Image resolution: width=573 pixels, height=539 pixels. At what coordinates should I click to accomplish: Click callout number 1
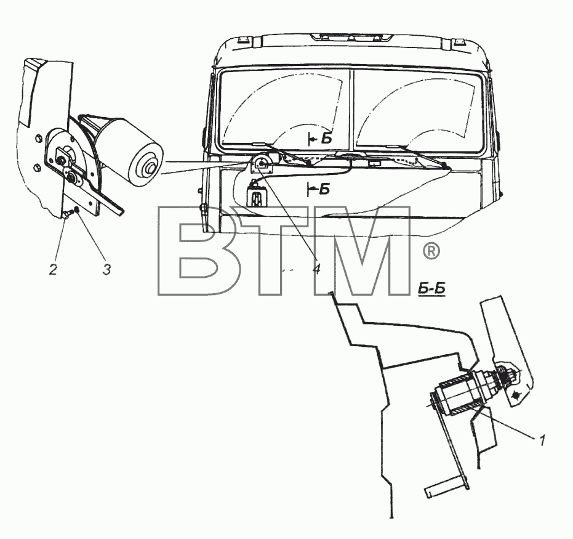(x=542, y=440)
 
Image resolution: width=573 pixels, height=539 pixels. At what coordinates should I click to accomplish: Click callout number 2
(x=53, y=270)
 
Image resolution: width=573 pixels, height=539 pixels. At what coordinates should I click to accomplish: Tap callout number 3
(x=106, y=270)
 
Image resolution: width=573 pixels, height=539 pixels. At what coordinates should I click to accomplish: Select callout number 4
(x=316, y=269)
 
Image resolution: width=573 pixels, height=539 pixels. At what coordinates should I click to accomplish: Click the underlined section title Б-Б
(x=431, y=289)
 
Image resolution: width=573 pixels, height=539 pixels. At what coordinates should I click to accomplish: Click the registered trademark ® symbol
(x=431, y=251)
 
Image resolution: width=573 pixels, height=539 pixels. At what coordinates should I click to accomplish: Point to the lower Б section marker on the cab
(x=319, y=189)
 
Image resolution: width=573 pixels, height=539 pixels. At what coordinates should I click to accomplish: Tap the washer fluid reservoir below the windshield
(x=257, y=195)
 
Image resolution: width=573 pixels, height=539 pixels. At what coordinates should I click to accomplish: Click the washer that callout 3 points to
(x=77, y=209)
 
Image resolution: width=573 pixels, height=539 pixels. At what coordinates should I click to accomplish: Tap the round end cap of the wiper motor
(x=148, y=165)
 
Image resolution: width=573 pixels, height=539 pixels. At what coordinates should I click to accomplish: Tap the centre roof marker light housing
(x=351, y=37)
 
